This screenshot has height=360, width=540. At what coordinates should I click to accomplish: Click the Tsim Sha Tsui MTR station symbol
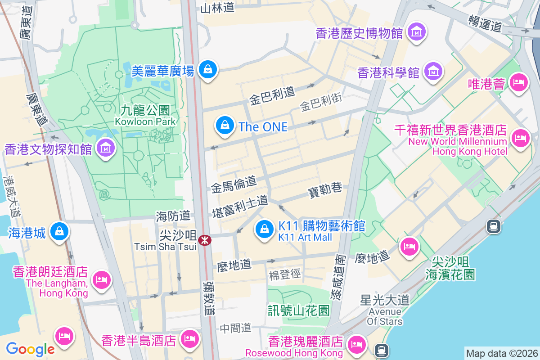pos(205,240)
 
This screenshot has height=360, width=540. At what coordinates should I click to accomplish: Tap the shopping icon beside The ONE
pos(224,126)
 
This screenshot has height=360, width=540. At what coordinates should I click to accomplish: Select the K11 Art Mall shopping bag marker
pos(265,229)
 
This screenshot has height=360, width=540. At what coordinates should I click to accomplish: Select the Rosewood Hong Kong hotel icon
pos(357,344)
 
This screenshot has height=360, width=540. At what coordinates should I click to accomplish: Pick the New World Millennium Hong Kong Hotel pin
pos(521,137)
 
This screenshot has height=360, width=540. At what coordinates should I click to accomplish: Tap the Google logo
pos(30,349)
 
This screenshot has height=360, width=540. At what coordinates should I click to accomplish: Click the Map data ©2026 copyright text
pos(501,353)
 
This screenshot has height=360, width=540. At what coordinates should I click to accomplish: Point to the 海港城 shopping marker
pos(59,232)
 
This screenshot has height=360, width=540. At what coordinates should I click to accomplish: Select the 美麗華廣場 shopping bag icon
pos(208,70)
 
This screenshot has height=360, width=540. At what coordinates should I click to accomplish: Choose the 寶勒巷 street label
pos(325,190)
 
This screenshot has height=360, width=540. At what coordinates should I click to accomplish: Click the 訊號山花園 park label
pos(299,310)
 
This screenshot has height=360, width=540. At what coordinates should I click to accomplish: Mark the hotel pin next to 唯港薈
pos(519,82)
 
